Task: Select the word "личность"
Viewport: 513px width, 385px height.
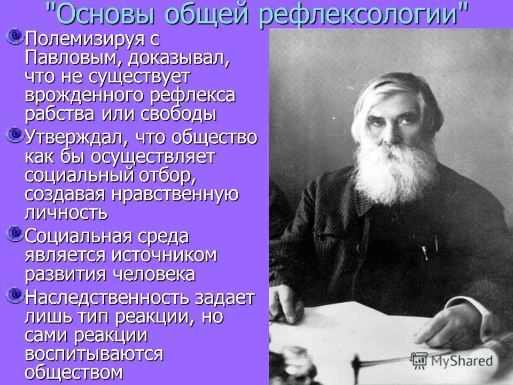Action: pos(66,212)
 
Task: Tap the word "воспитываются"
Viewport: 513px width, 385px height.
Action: pos(94,355)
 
